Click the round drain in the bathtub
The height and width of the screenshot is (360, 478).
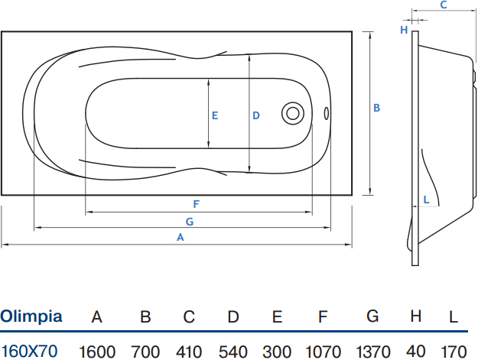(293, 113)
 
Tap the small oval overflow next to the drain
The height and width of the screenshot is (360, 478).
(326, 113)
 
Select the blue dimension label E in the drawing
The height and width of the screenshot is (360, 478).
(215, 115)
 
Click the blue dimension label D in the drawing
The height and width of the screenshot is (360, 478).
(256, 115)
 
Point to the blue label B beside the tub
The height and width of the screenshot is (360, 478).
(377, 108)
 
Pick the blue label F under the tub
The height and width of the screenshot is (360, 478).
(197, 204)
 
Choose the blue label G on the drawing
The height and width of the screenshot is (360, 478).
(190, 222)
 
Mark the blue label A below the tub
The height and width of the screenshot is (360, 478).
(180, 237)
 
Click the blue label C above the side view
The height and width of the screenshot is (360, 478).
(444, 5)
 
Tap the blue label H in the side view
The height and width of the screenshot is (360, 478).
(404, 30)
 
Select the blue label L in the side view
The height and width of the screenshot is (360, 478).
(427, 199)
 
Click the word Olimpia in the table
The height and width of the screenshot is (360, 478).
(31, 316)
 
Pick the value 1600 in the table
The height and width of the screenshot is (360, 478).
(97, 352)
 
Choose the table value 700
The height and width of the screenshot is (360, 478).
(145, 352)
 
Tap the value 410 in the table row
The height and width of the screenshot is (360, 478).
(189, 352)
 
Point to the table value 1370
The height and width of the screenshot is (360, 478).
(373, 352)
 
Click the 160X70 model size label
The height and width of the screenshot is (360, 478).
(29, 351)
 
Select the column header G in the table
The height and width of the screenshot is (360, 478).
(372, 316)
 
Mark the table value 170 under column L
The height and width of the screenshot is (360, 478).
(454, 352)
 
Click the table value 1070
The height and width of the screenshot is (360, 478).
(323, 352)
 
